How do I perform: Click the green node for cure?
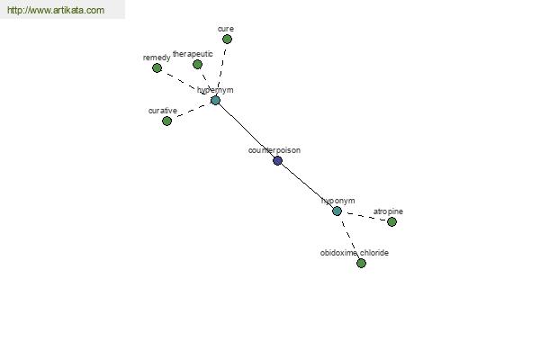(227, 40)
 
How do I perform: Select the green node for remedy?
(157, 67)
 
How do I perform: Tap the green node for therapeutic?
(197, 65)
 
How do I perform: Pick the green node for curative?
(167, 121)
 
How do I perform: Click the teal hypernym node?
(215, 101)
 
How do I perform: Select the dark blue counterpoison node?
(277, 160)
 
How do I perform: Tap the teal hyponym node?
(337, 211)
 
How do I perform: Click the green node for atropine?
(391, 222)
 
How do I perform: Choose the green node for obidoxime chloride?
(361, 263)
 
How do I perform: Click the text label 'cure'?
(226, 29)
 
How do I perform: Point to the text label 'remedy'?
(157, 58)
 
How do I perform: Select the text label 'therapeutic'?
(193, 54)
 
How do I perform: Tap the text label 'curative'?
(163, 111)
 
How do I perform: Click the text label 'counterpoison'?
(274, 150)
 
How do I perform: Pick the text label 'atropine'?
(388, 211)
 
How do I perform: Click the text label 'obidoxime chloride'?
(355, 253)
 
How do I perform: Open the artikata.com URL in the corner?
(56, 10)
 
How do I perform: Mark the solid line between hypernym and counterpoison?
(247, 130)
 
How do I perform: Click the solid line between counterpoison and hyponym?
(307, 185)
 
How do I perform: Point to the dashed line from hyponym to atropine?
(364, 216)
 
